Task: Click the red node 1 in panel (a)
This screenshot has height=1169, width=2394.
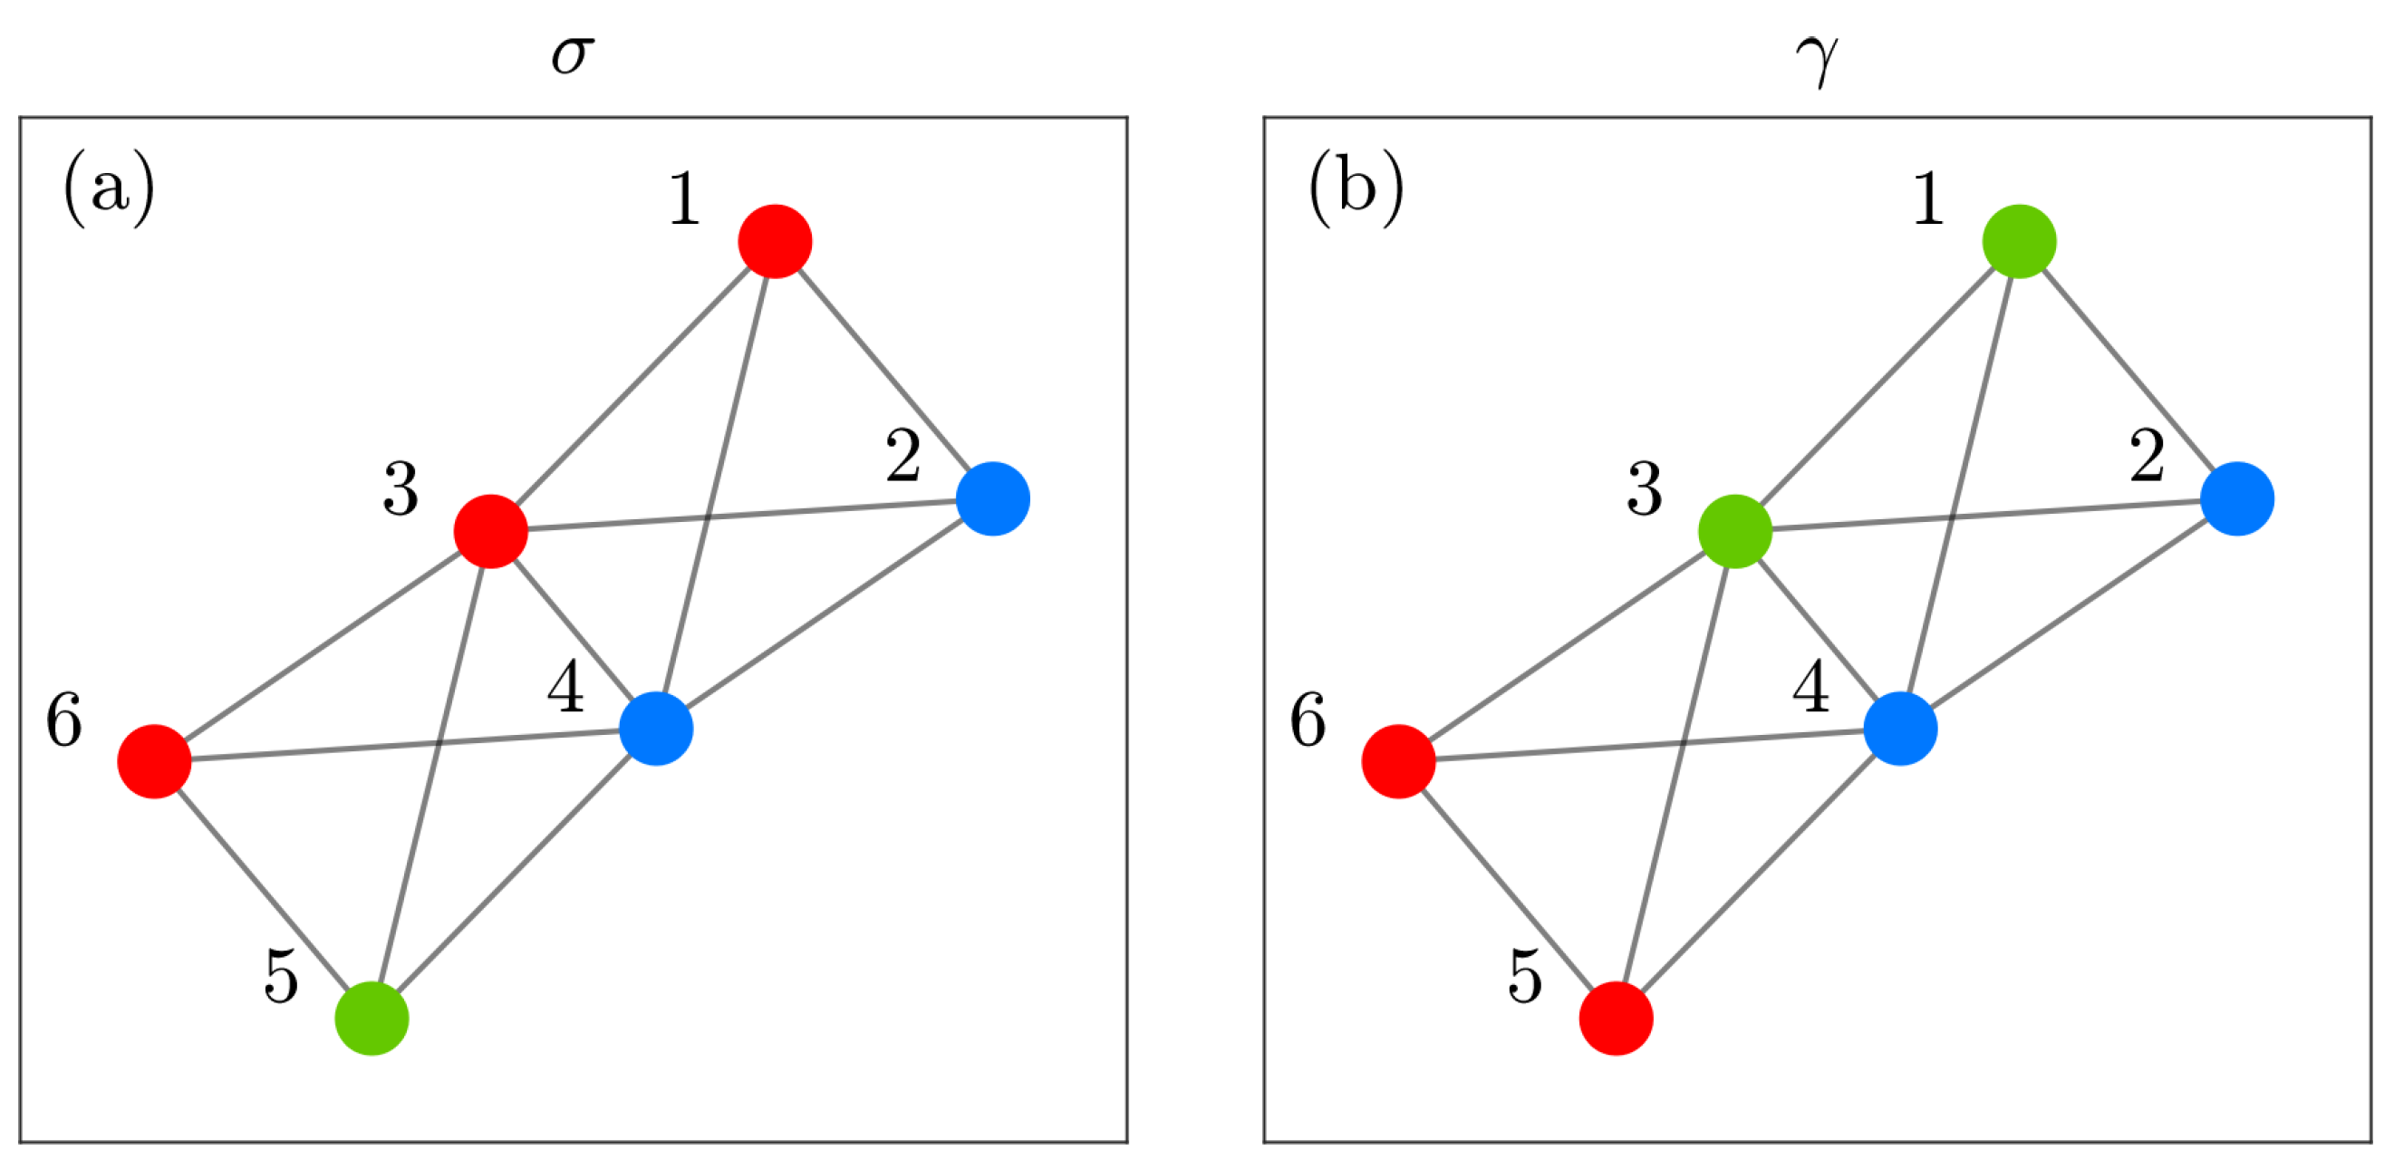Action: pyautogui.click(x=775, y=242)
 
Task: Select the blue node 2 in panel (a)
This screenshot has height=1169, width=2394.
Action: pyautogui.click(x=992, y=499)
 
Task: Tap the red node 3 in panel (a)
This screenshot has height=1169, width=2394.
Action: pyautogui.click(x=491, y=532)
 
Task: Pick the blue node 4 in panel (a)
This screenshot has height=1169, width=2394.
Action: pyautogui.click(x=656, y=729)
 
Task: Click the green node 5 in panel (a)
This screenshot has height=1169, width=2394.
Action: pyautogui.click(x=372, y=1019)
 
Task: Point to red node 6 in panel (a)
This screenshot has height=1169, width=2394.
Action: pyautogui.click(x=154, y=761)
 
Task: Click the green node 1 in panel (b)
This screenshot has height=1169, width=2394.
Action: pyautogui.click(x=2020, y=242)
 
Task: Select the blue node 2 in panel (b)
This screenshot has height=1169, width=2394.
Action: pyautogui.click(x=2237, y=499)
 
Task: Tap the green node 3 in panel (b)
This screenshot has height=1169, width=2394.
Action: pyautogui.click(x=1735, y=532)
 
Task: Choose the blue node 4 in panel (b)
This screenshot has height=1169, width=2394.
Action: pyautogui.click(x=1900, y=729)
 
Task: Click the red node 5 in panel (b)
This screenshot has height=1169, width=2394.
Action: pyautogui.click(x=1617, y=1019)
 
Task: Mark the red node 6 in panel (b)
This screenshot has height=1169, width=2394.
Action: pyautogui.click(x=1399, y=761)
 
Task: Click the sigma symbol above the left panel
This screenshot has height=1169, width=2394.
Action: pyautogui.click(x=572, y=56)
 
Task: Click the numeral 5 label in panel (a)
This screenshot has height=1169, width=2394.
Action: pyautogui.click(x=281, y=976)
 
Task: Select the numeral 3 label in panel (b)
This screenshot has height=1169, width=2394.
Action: pyautogui.click(x=1644, y=488)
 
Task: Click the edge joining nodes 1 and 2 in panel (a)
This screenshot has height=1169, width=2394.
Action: pyautogui.click(x=883, y=370)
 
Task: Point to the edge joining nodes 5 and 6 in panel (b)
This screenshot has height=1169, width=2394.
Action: pyautogui.click(x=1508, y=889)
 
